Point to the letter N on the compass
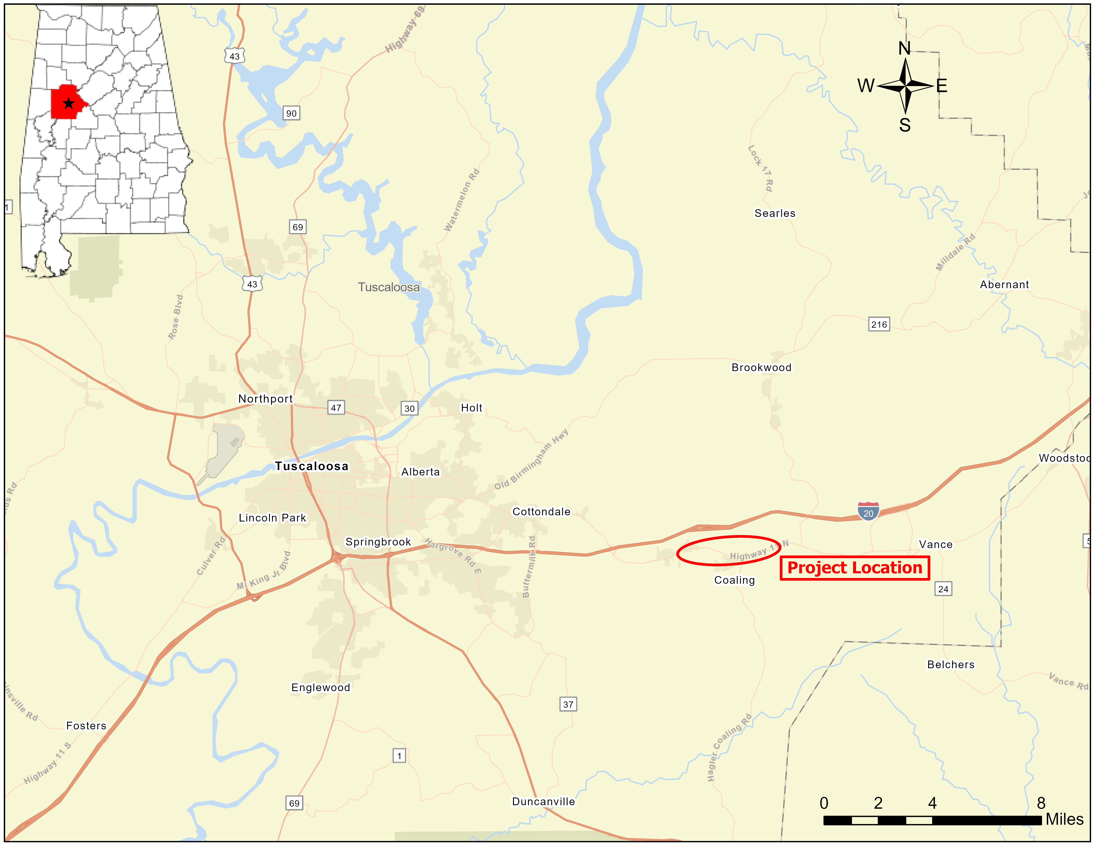904,49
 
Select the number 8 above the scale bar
1041,803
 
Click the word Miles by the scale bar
1064,819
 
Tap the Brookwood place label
761,367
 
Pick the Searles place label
775,213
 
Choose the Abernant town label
1004,284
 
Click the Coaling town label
734,580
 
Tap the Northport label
265,399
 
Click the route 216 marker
879,324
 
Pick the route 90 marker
291,113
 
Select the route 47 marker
336,407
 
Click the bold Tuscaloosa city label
311,466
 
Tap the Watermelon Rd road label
461,200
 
